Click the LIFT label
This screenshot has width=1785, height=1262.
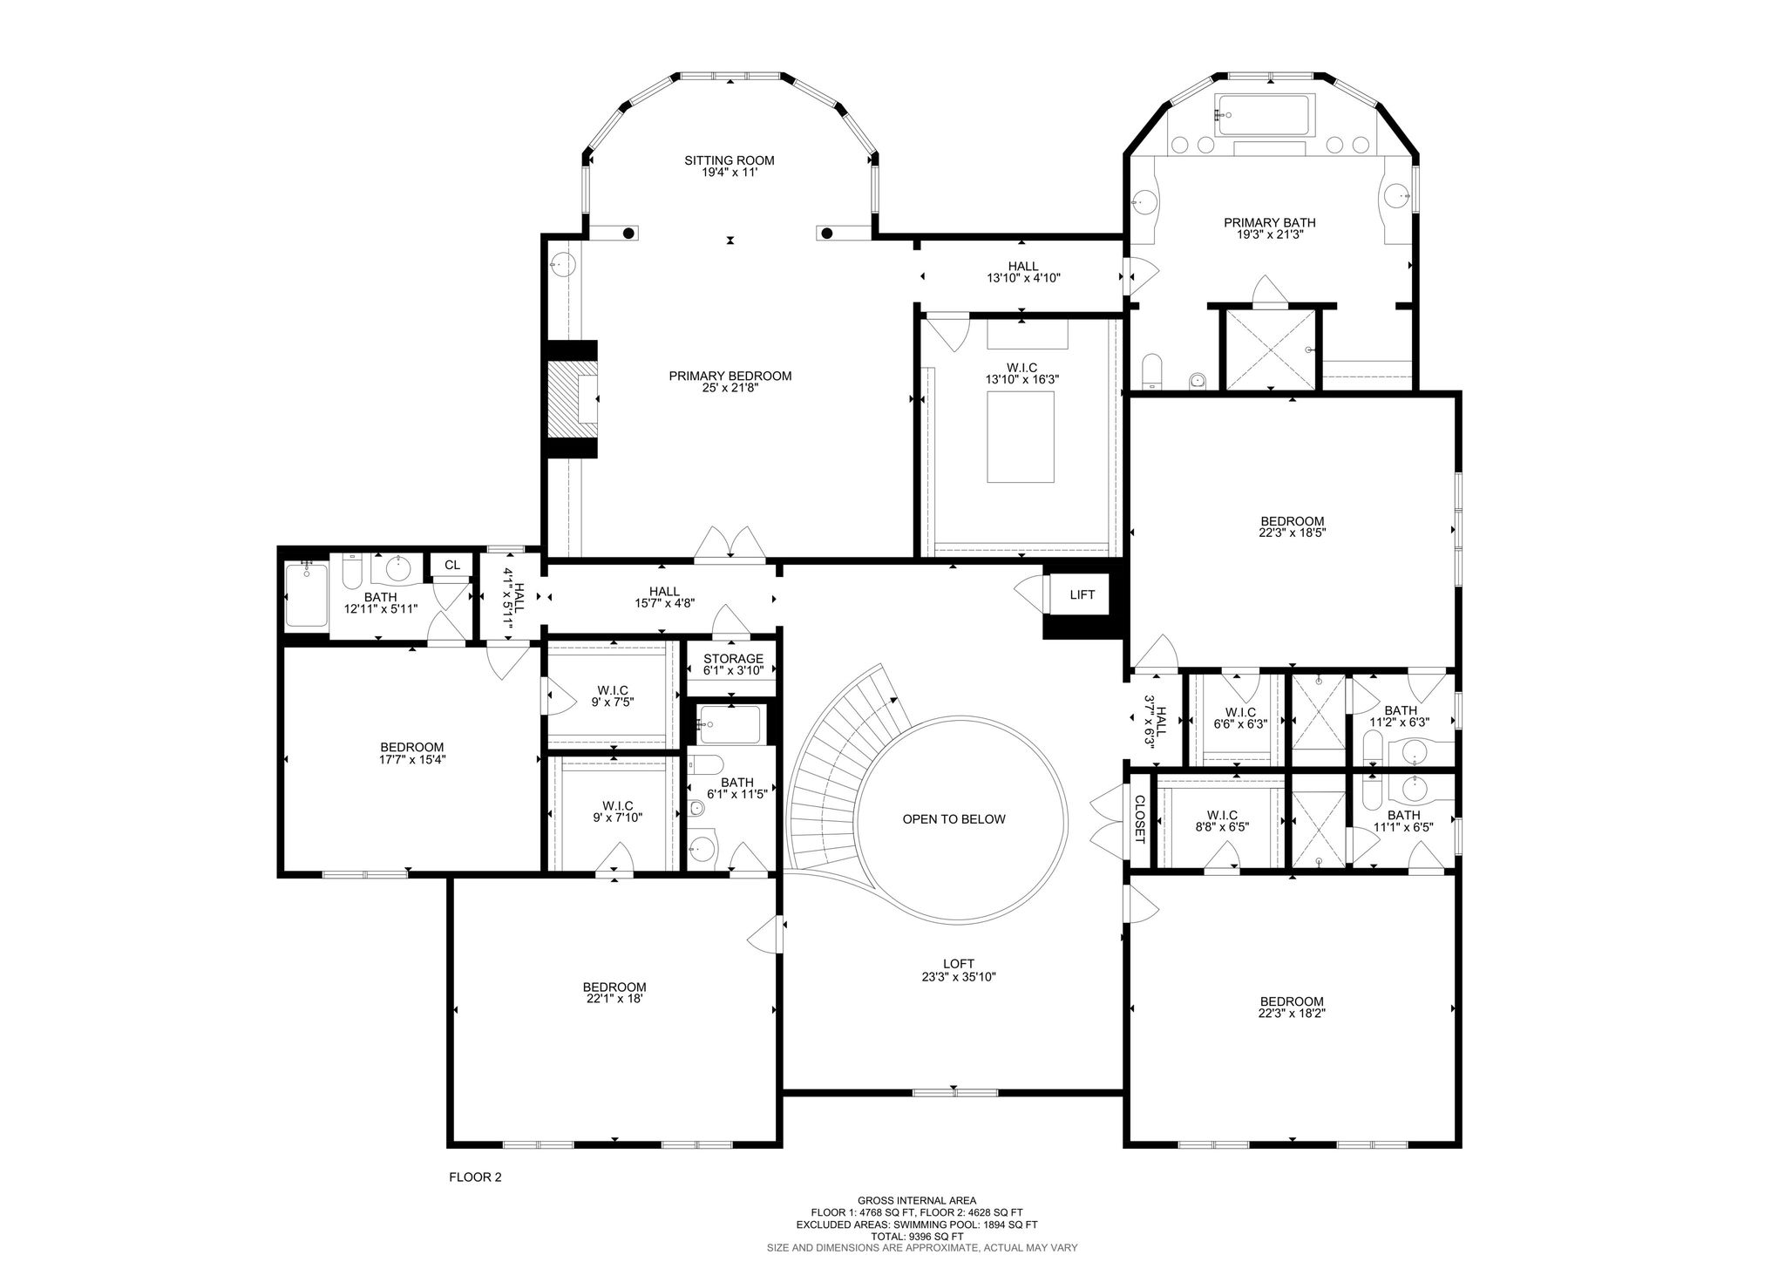[1082, 595]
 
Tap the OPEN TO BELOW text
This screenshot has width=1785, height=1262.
[954, 819]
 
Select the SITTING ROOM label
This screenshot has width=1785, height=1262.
[730, 160]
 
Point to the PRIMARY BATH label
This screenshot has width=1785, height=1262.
[1270, 222]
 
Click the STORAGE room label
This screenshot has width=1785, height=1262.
[734, 659]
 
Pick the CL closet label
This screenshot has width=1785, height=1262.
[451, 565]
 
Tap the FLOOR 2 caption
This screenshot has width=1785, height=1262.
[475, 1177]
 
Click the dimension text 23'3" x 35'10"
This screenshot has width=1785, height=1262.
[959, 977]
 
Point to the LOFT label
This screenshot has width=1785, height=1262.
[959, 964]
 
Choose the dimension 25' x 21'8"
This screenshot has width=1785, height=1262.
[730, 389]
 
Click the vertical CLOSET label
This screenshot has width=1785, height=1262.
[1139, 820]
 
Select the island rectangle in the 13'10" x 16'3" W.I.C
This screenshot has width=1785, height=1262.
[1021, 437]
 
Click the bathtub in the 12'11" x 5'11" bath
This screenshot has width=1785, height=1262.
[306, 595]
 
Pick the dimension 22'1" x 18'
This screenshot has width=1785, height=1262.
[614, 1000]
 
